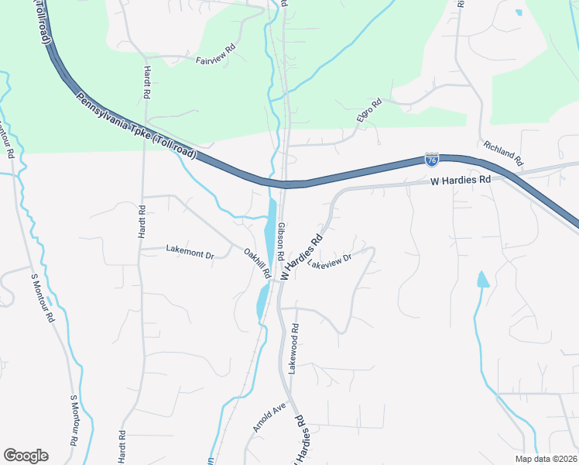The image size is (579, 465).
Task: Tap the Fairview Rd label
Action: [x=214, y=60]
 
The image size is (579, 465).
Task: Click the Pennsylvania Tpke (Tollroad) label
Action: [x=136, y=128]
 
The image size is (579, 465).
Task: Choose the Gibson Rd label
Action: [x=281, y=241]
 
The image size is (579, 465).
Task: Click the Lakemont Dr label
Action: [x=190, y=250]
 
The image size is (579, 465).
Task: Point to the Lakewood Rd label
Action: [x=293, y=348]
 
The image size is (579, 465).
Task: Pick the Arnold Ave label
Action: [x=269, y=417]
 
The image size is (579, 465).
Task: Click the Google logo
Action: [x=26, y=456]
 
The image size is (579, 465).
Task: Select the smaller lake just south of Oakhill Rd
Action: [x=262, y=300]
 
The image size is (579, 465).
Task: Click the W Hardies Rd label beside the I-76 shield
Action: [x=461, y=180]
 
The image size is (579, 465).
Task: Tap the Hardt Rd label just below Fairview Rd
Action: [x=146, y=81]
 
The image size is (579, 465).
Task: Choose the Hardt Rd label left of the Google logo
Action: [x=122, y=447]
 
